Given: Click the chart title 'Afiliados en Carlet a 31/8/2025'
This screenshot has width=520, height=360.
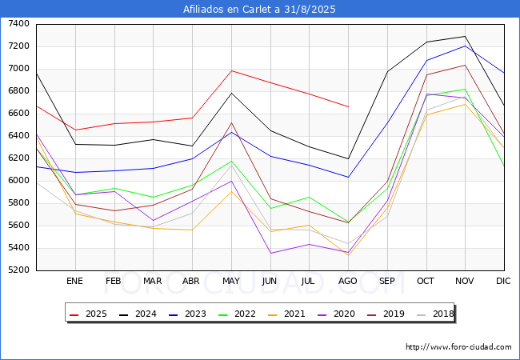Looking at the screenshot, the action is point(259,9).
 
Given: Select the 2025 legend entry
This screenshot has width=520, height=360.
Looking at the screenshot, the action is point(88,314).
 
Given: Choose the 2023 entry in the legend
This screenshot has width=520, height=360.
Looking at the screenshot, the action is point(187,314).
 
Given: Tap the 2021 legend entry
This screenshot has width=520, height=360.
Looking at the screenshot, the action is point(286,314).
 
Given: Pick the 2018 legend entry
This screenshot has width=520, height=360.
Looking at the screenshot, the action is point(435,314).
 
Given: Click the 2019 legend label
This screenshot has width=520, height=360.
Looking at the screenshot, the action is point(386,314).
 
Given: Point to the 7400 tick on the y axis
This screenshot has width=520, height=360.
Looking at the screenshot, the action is point(18,24).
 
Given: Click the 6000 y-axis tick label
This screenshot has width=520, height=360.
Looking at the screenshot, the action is point(18,181).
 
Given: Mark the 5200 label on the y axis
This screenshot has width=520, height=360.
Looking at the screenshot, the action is point(18,270).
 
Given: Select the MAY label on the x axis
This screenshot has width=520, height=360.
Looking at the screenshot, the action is point(231,281).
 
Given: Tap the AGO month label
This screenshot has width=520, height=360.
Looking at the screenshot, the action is point(347,281).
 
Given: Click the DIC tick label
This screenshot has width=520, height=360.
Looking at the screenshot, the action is point(503,281).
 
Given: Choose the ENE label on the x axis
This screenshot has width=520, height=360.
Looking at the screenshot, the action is point(74,281).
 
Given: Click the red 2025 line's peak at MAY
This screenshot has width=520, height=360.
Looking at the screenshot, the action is point(231,70).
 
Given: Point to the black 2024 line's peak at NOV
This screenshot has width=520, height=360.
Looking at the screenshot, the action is point(465,36).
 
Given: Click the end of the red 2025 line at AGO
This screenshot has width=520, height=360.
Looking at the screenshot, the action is point(348,106).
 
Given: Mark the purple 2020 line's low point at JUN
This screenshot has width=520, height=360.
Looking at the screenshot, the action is point(271,254).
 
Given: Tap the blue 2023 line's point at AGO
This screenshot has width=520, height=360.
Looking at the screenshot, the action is point(348,177).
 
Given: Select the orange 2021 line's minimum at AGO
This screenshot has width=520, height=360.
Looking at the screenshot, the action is point(348,255).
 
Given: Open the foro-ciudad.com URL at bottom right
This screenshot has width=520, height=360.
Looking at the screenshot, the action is point(458,347).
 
